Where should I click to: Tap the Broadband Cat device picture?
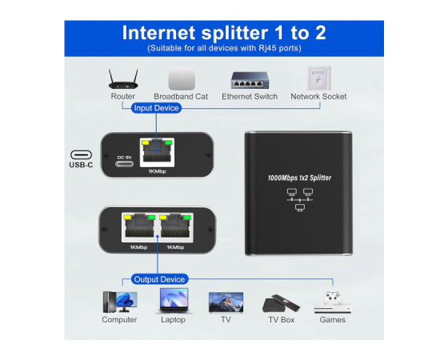[182, 79]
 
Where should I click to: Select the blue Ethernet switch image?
[250, 80]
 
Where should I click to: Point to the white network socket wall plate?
[319, 78]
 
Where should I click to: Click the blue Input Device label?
[156, 108]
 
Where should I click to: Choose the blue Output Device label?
[159, 279]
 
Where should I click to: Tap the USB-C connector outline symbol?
[81, 155]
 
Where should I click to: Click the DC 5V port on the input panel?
[124, 164]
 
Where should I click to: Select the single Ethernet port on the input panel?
[157, 153]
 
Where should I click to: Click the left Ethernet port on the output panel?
[140, 227]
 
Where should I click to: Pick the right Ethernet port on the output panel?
[175, 227]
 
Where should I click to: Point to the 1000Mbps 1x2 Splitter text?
[299, 178]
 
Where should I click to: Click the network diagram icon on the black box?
[300, 200]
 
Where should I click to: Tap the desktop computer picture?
[120, 302]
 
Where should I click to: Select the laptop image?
[174, 301]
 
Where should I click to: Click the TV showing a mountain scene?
[226, 302]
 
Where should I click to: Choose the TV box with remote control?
[281, 303]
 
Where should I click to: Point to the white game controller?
[333, 298]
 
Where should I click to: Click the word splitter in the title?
[235, 33]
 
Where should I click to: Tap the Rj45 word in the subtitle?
[267, 48]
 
